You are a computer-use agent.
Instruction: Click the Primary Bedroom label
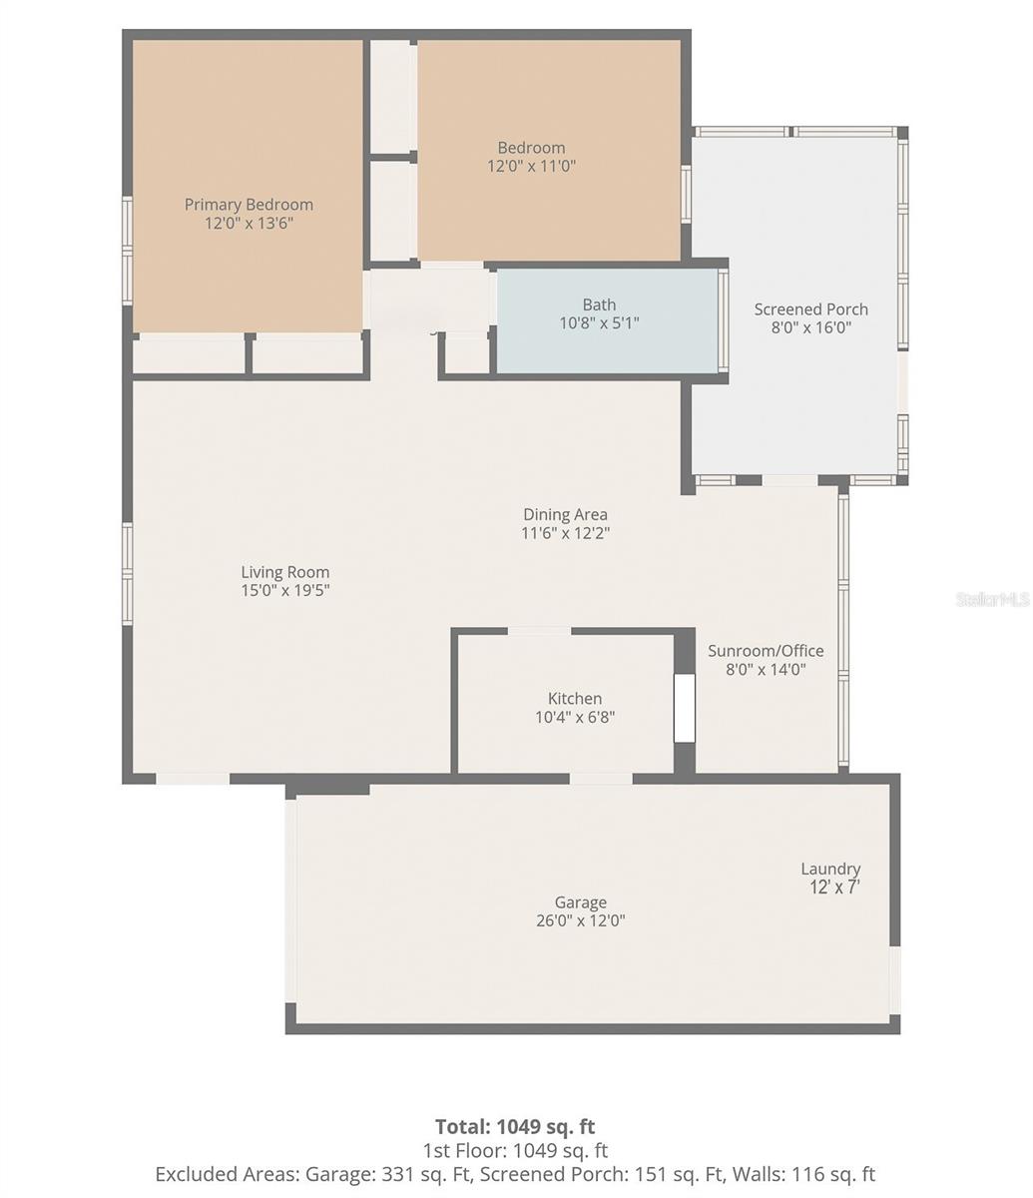[x=249, y=205]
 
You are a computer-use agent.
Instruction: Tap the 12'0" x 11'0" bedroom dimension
[x=531, y=166]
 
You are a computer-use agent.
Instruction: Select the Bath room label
[x=599, y=304]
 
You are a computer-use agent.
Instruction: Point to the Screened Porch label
[x=810, y=309]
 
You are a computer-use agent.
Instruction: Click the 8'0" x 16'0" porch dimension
[x=810, y=327]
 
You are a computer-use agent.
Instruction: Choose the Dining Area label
[x=565, y=515]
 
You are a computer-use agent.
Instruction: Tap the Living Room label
[x=284, y=572]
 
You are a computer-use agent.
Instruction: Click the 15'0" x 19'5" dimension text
[x=284, y=590]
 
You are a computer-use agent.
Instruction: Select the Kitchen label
[x=575, y=699]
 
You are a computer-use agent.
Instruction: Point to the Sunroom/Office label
[x=766, y=651]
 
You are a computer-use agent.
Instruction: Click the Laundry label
[x=830, y=869]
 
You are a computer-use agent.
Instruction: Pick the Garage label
[x=580, y=902]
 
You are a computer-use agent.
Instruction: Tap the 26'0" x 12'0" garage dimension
[x=580, y=920]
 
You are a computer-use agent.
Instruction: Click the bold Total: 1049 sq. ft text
[x=515, y=1127]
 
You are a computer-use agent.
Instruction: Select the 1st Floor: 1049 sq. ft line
[x=515, y=1151]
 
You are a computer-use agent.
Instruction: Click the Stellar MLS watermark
[x=992, y=599]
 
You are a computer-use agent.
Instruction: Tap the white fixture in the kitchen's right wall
[x=684, y=709]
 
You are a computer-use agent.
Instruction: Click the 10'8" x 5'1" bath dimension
[x=599, y=322]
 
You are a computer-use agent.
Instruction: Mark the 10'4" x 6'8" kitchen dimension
[x=575, y=717]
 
